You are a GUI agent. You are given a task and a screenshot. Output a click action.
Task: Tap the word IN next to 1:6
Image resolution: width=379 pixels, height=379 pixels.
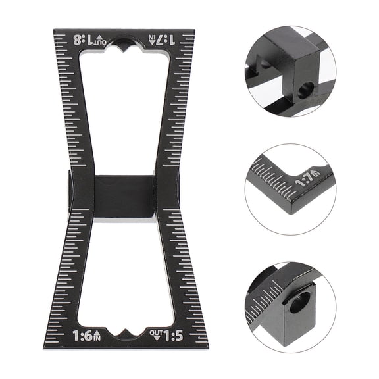click(99, 338)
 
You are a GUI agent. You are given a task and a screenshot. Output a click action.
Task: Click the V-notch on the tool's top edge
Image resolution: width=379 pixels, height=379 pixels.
click(124, 44)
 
